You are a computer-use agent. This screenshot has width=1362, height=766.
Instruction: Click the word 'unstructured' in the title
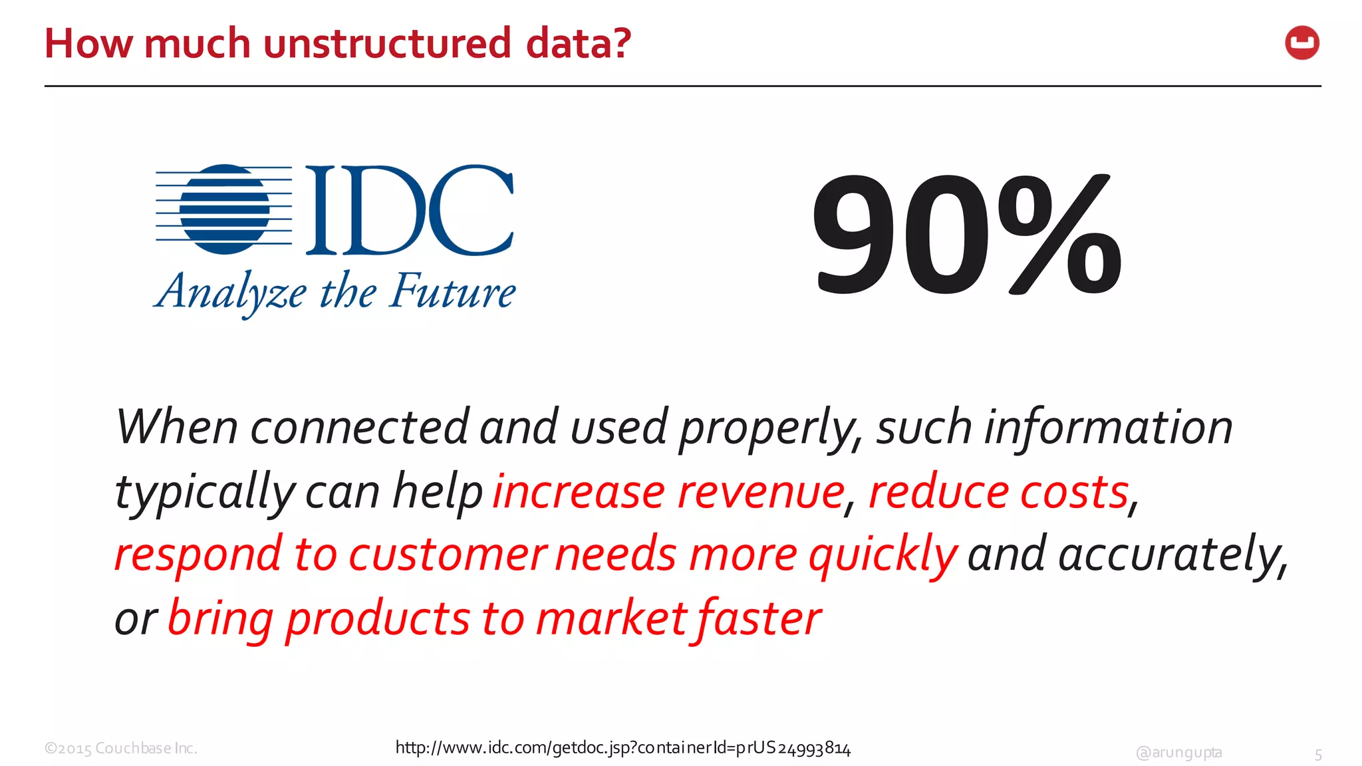(x=387, y=44)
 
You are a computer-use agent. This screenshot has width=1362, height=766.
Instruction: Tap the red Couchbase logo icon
(x=1301, y=43)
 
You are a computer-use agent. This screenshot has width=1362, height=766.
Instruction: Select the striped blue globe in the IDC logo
(x=225, y=209)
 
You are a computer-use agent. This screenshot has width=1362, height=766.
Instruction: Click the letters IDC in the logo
(x=409, y=210)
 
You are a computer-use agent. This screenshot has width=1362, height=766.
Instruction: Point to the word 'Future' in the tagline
(x=452, y=291)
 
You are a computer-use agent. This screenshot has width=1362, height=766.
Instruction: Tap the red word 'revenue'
(x=761, y=492)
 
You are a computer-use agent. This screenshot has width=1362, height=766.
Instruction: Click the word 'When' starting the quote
(x=176, y=427)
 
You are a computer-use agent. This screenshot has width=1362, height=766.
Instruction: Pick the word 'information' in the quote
(x=1108, y=427)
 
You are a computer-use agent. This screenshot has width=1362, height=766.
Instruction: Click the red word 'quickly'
(x=883, y=555)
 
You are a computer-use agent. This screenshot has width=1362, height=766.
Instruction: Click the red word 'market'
(x=611, y=618)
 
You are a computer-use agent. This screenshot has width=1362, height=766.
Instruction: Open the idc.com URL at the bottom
(x=622, y=748)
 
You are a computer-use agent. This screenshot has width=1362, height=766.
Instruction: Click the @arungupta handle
(x=1178, y=752)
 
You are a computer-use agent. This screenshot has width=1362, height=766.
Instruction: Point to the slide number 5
(x=1318, y=755)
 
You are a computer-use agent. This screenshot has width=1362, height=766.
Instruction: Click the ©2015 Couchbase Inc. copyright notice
(x=121, y=749)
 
